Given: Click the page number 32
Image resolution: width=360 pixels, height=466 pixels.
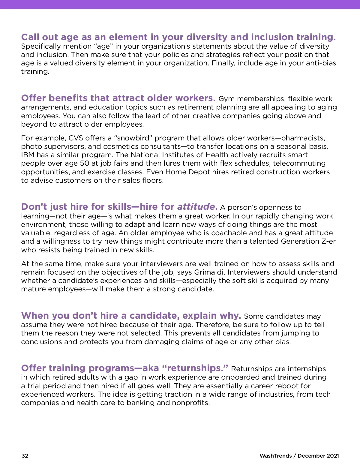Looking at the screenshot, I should point(25,455).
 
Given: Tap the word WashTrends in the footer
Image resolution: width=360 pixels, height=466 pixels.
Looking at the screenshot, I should point(275,455).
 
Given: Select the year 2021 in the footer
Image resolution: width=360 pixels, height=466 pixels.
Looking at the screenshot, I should point(333,455).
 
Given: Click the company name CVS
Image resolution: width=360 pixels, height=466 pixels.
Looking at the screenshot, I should point(76,138).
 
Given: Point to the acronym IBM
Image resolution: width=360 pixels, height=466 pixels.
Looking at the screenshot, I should point(28,155).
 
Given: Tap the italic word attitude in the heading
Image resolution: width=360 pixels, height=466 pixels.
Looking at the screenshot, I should point(196,207).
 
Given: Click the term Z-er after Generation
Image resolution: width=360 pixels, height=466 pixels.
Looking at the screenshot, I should point(328,241).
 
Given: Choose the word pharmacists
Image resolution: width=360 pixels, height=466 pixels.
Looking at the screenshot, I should point(303,138).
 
